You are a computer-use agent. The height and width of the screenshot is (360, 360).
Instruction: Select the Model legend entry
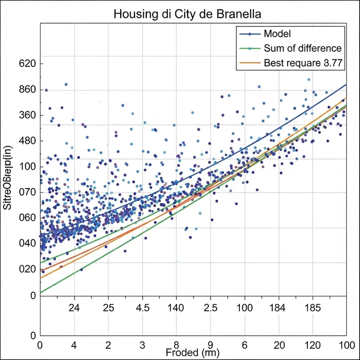[277, 34]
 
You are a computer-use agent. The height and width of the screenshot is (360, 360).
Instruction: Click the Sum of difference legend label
[302, 49]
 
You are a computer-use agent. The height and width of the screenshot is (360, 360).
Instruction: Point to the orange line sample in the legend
[249, 63]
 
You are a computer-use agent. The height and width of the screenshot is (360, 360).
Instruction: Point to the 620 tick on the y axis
[27, 64]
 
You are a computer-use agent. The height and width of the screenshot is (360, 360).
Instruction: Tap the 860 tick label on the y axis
[27, 90]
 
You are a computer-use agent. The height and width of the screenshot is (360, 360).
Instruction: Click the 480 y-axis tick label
[27, 141]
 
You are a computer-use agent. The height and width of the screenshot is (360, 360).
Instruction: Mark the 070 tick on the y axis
[27, 192]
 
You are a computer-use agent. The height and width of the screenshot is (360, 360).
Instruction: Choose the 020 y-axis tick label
[27, 269]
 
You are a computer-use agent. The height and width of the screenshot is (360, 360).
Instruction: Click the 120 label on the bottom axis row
[312, 344]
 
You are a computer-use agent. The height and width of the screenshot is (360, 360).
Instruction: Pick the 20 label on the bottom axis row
[279, 344]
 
